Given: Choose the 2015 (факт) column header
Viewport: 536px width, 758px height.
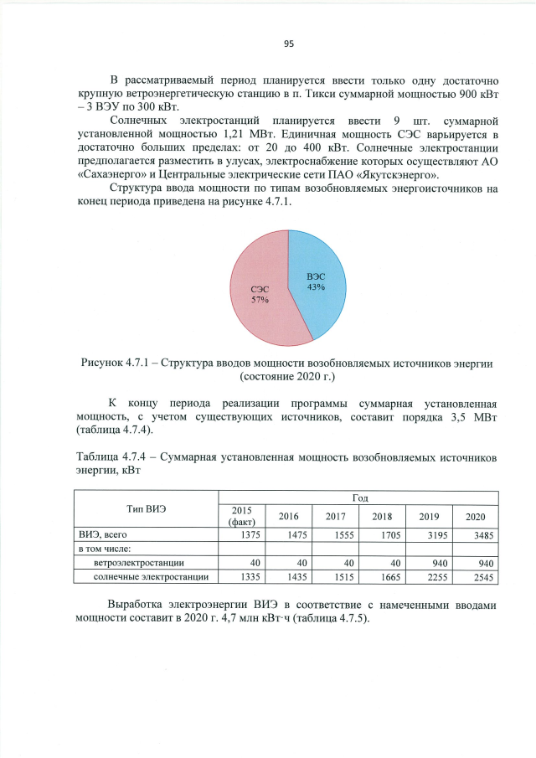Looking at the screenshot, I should click(x=241, y=517).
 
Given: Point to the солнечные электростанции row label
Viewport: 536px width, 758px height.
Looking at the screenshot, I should click(x=147, y=576).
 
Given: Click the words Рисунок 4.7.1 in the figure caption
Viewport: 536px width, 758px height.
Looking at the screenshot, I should click(x=117, y=364).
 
